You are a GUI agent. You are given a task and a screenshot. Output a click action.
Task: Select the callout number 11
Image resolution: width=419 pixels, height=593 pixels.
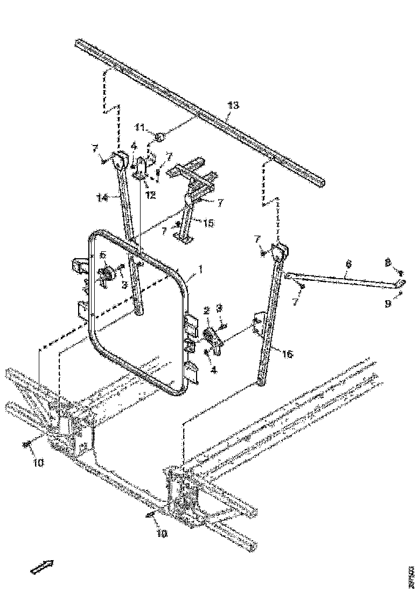[140, 127]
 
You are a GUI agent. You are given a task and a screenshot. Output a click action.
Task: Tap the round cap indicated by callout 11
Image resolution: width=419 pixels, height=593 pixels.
[159, 138]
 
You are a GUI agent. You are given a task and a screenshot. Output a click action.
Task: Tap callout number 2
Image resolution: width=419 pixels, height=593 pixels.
[206, 311]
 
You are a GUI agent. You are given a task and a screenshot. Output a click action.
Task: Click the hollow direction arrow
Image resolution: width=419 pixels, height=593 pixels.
[42, 567]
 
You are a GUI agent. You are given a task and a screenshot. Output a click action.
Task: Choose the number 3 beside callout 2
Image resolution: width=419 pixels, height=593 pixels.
[219, 309]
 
